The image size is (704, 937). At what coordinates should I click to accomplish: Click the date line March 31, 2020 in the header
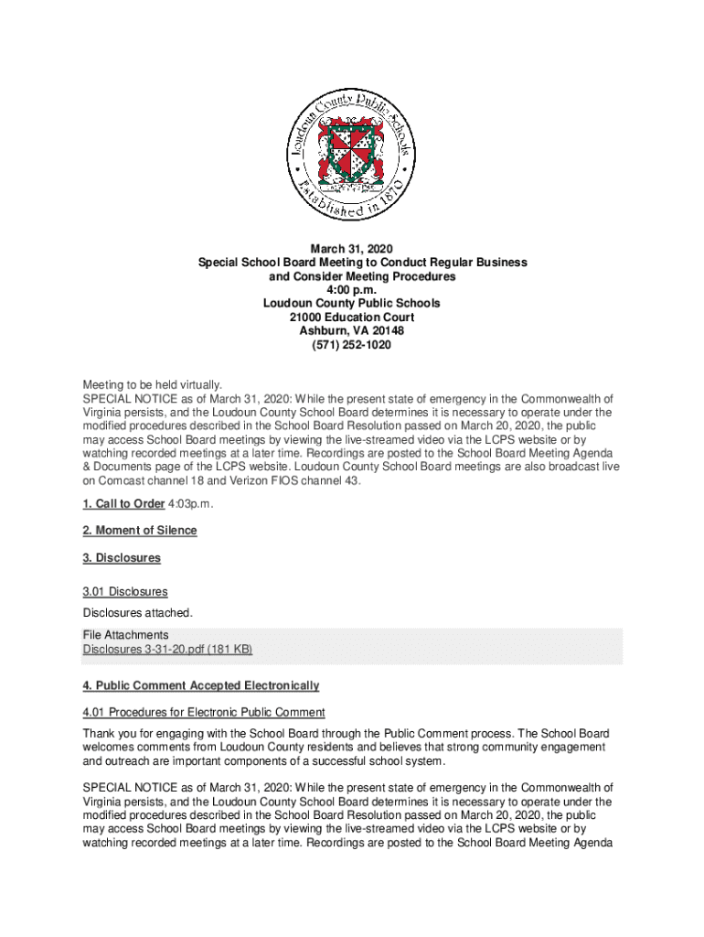coord(352,248)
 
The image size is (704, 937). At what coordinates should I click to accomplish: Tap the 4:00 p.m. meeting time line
coord(352,289)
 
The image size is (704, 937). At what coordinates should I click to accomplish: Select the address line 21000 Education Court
coord(352,317)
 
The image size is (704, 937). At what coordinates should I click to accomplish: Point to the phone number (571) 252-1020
coord(352,344)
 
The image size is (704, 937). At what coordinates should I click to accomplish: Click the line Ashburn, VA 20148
coord(352,330)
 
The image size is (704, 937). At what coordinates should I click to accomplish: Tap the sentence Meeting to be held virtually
coord(153,385)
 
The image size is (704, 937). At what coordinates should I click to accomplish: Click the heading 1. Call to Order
coord(123,504)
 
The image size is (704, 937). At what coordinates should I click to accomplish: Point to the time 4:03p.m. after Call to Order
coord(191,504)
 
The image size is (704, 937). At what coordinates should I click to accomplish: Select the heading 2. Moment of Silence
coord(140,531)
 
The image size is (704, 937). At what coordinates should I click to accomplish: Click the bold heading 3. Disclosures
coord(122,557)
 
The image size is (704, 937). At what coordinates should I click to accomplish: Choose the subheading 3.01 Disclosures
coord(125,592)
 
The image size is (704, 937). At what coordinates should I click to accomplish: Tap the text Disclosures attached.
coord(138,612)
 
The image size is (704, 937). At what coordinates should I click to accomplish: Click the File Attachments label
coord(125,635)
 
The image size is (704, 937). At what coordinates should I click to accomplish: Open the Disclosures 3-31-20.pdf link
coord(167,650)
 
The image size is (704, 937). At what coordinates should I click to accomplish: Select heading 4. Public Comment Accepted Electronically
coord(201,685)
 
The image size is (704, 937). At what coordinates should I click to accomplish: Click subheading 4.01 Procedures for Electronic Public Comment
coord(204,713)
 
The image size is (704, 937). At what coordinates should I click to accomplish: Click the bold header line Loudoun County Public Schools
coord(352,303)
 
